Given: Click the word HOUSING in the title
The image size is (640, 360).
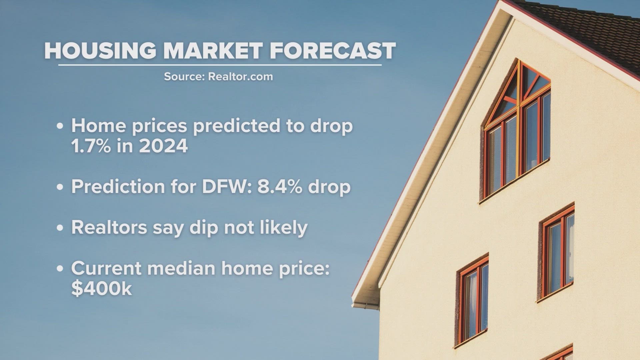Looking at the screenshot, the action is [100, 51].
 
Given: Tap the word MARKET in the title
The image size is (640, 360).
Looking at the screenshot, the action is [213, 51].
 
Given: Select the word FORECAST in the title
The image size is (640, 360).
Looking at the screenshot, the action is [332, 51].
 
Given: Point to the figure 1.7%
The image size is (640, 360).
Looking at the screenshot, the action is [91, 146].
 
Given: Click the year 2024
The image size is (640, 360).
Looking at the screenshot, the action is [163, 146].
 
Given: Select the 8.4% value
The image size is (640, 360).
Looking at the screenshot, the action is [280, 186].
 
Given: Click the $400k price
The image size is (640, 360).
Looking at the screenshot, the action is [102, 288].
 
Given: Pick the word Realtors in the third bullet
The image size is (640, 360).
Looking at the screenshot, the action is [109, 228].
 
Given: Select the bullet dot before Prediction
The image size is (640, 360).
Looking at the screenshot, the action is [60, 187].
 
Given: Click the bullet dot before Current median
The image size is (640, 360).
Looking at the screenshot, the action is [60, 269].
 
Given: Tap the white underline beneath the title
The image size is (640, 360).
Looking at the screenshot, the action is [220, 65].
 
